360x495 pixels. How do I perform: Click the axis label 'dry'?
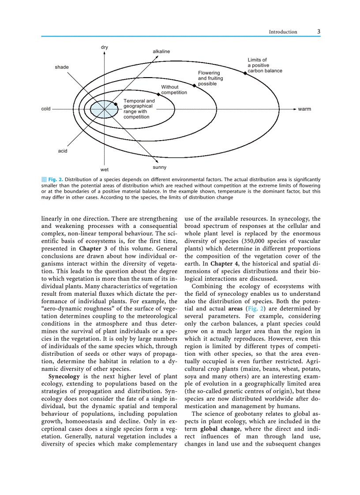[x=104, y=47]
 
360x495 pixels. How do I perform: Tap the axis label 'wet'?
[x=104, y=169]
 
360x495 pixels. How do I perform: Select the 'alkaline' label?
[x=161, y=52]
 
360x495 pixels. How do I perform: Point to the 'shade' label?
[x=62, y=67]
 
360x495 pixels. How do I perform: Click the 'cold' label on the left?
[x=46, y=109]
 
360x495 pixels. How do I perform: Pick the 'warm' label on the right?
[x=304, y=109]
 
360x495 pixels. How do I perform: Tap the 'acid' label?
[x=63, y=151]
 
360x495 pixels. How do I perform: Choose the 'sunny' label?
[x=160, y=167]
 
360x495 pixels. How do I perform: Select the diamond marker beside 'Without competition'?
[x=158, y=94]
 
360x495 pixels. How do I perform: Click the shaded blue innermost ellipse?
[x=100, y=109]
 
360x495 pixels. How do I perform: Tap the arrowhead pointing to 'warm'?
[x=293, y=109]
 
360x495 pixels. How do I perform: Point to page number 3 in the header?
[x=319, y=31]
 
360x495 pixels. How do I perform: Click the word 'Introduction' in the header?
[x=283, y=32]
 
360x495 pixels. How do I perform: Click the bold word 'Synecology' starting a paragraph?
[x=64, y=376]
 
